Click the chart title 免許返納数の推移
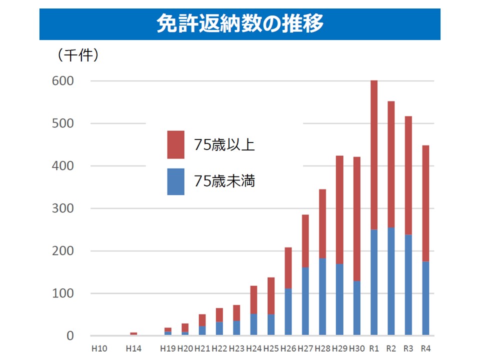pos(239,23)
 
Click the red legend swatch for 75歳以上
pos(175,144)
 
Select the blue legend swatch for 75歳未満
pos(175,181)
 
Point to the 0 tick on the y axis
pos(70,336)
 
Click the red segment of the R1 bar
pos(374,155)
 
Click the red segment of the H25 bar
pos(271,295)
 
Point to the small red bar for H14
pos(133,333)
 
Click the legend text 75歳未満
pos(225,181)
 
